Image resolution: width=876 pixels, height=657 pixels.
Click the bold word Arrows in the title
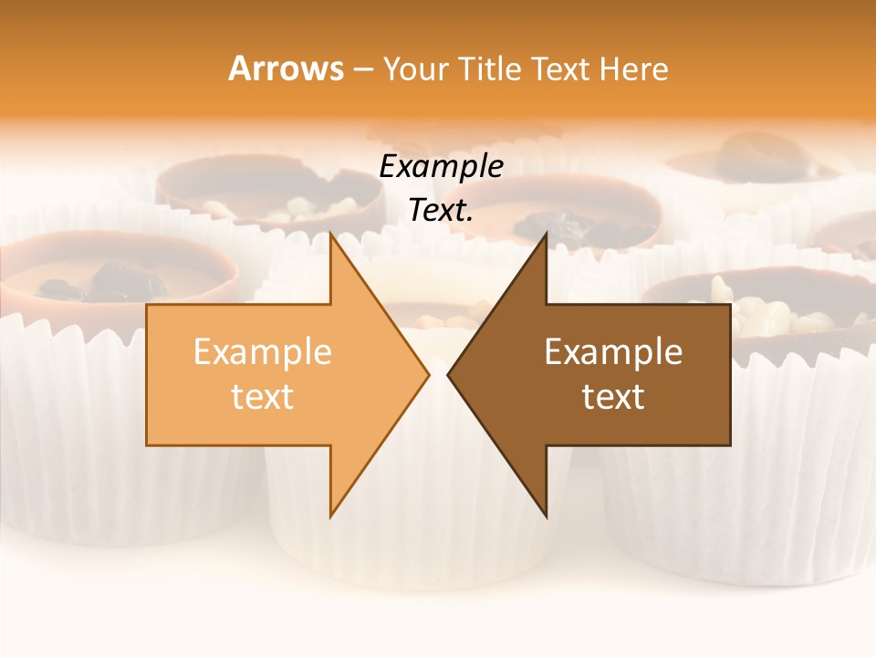tap(287, 69)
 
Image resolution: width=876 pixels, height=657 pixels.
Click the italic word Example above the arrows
tap(442, 167)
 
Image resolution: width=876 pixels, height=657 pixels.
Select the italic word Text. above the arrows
tap(442, 211)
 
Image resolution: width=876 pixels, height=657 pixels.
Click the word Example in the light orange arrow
tap(263, 352)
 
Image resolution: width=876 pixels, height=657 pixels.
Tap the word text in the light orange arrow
tap(263, 397)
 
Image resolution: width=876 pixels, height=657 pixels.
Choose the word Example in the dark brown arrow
tap(613, 352)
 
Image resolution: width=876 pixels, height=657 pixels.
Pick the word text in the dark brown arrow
tap(613, 397)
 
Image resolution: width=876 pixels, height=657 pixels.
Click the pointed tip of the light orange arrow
tap(428, 374)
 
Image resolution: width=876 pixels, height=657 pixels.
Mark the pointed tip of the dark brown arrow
tap(448, 374)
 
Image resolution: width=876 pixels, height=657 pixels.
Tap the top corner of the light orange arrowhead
tap(330, 235)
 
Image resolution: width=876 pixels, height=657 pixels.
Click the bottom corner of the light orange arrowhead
tap(330, 516)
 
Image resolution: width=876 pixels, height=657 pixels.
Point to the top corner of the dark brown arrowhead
tap(546, 235)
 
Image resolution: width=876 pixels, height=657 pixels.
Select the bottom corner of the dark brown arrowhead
tap(546, 516)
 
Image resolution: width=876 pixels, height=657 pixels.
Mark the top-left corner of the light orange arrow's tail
tap(147, 305)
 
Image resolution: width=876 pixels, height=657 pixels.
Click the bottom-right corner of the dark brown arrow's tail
tap(730, 445)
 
